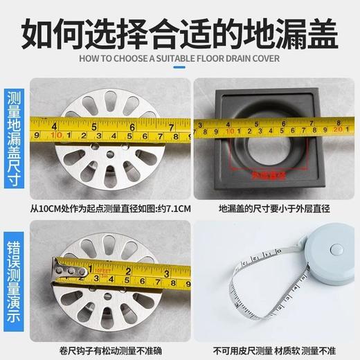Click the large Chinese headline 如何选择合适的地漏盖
180,30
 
